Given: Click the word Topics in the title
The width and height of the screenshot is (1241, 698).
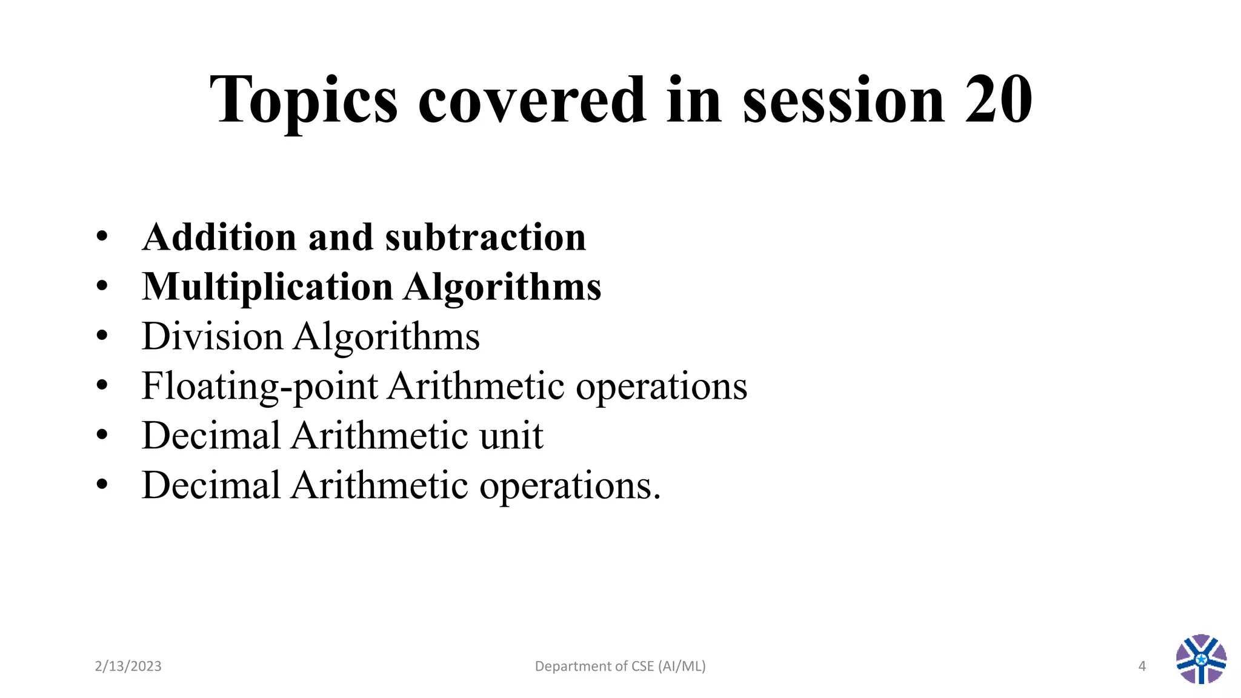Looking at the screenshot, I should point(304,101).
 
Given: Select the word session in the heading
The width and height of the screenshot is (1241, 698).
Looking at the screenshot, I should point(843,99).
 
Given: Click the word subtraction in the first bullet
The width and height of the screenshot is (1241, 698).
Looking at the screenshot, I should point(485,237).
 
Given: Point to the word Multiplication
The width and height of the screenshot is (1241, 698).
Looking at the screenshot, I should point(267,287).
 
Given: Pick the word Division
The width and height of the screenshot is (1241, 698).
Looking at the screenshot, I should point(212,336).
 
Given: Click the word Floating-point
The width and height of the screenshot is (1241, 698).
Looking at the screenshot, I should point(259,387).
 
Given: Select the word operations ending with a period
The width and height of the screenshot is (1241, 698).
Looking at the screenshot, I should point(570,486).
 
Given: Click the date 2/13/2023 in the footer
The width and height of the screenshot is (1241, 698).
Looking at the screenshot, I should point(128,666).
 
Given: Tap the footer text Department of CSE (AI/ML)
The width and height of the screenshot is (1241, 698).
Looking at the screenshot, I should point(620,666).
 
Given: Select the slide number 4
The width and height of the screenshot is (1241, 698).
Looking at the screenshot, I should point(1142,666).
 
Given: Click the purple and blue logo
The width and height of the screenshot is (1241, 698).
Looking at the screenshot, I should point(1201,659).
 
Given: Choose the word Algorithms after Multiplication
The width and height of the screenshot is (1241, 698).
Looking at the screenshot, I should point(502,287).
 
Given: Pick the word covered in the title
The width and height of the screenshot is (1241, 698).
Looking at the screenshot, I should point(532,99).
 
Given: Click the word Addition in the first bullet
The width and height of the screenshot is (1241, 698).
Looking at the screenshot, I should point(219,237).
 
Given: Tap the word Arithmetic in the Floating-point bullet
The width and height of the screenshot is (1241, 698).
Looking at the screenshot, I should point(476,386).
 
